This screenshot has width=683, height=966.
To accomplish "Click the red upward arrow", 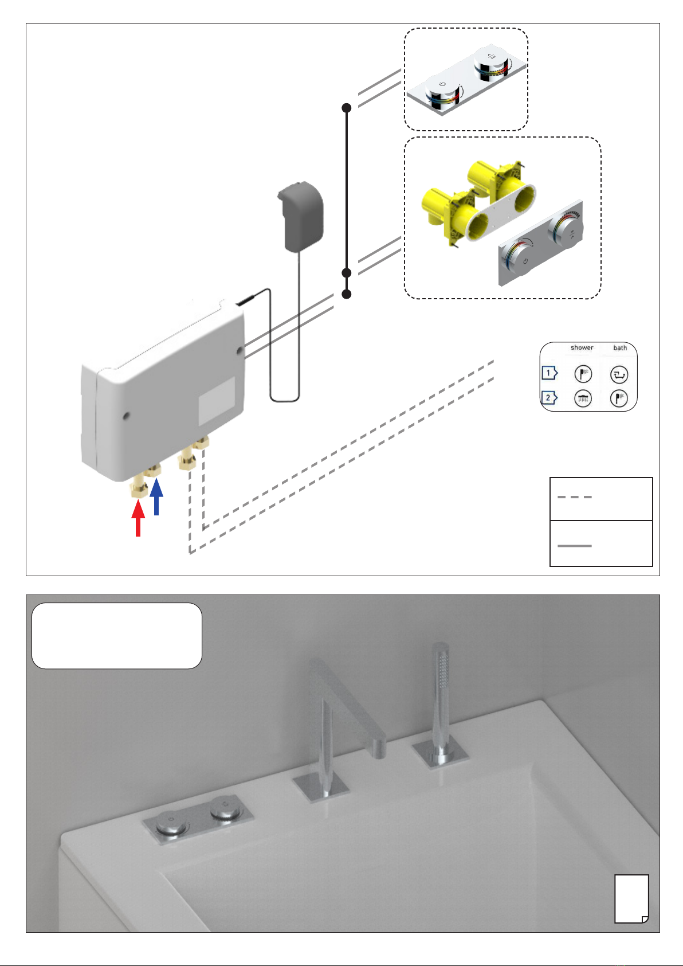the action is click(x=138, y=518).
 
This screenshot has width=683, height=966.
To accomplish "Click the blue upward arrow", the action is click(x=156, y=496).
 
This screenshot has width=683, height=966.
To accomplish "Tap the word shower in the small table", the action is click(x=582, y=347).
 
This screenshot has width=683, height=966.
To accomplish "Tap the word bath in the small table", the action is click(x=620, y=347).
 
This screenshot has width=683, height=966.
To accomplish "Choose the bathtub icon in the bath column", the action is click(x=619, y=374).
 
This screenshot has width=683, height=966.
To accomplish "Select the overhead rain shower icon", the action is click(x=583, y=398).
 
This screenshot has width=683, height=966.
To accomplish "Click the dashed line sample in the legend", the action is click(x=574, y=497).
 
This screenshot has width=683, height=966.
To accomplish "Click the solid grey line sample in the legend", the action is click(x=574, y=546).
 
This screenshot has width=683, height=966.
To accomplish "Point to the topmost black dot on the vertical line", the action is click(x=347, y=108).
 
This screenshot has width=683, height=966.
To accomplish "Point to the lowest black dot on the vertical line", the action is click(x=347, y=294).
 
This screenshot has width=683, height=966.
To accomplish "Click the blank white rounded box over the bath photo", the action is click(x=117, y=636).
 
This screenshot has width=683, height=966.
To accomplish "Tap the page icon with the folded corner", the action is click(x=631, y=899).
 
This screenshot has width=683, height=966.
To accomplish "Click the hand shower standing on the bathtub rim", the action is click(x=441, y=707).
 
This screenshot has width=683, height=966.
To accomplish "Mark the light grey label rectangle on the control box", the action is click(x=217, y=401).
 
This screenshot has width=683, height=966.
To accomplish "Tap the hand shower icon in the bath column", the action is click(x=619, y=398).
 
